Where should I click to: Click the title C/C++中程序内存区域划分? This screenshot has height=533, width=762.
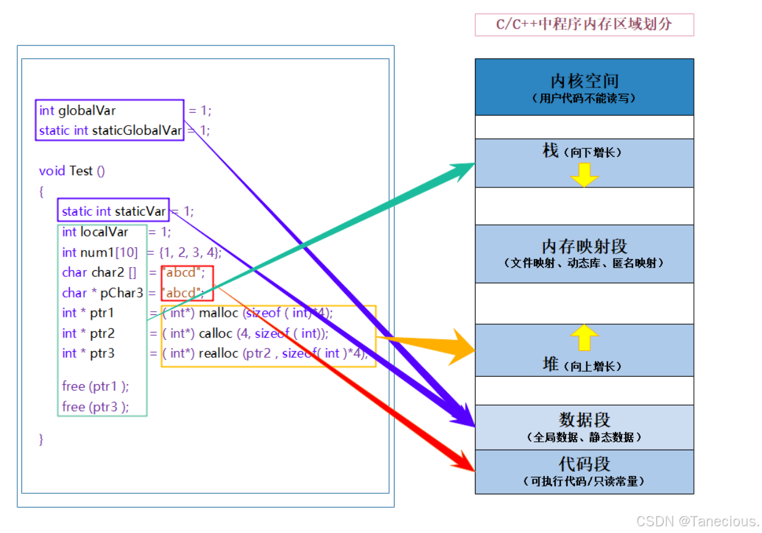click(583, 25)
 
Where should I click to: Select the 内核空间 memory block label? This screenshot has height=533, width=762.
click(584, 81)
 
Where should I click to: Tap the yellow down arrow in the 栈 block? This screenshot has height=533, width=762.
click(584, 175)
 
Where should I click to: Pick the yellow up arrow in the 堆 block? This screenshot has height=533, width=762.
click(584, 338)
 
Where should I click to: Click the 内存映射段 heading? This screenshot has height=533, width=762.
click(584, 246)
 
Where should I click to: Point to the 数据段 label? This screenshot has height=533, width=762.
click(584, 420)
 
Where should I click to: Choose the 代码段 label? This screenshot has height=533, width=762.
click(584, 464)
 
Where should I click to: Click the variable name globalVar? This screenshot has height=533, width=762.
click(87, 111)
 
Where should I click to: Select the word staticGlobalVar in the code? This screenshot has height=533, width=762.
click(137, 130)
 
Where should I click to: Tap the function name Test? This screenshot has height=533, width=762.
click(81, 171)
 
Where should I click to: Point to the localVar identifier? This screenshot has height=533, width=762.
click(104, 232)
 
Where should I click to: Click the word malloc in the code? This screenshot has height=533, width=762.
click(219, 313)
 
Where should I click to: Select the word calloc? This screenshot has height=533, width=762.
click(215, 333)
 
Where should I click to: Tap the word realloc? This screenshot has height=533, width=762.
click(218, 353)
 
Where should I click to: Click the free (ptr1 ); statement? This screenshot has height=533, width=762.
click(96, 387)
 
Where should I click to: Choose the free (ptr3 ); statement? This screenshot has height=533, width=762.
click(96, 407)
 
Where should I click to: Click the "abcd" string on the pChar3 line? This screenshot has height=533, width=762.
click(182, 292)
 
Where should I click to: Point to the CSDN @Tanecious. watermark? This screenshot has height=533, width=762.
click(698, 521)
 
